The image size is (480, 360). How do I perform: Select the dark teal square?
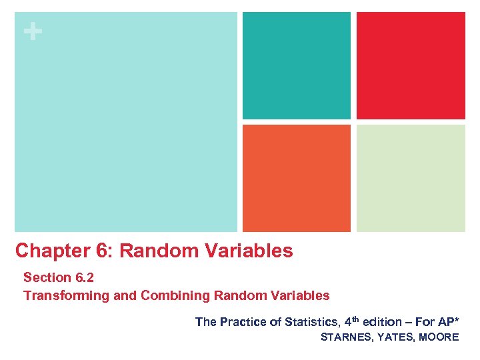pyautogui.click(x=296, y=65)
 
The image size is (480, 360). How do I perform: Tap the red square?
pyautogui.click(x=411, y=65)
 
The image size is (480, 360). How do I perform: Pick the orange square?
pyautogui.click(x=296, y=178)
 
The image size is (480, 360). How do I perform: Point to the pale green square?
pyautogui.click(x=411, y=178)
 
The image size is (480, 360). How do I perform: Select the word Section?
pyautogui.click(x=47, y=277)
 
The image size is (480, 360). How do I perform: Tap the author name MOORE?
pyautogui.click(x=439, y=337)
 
